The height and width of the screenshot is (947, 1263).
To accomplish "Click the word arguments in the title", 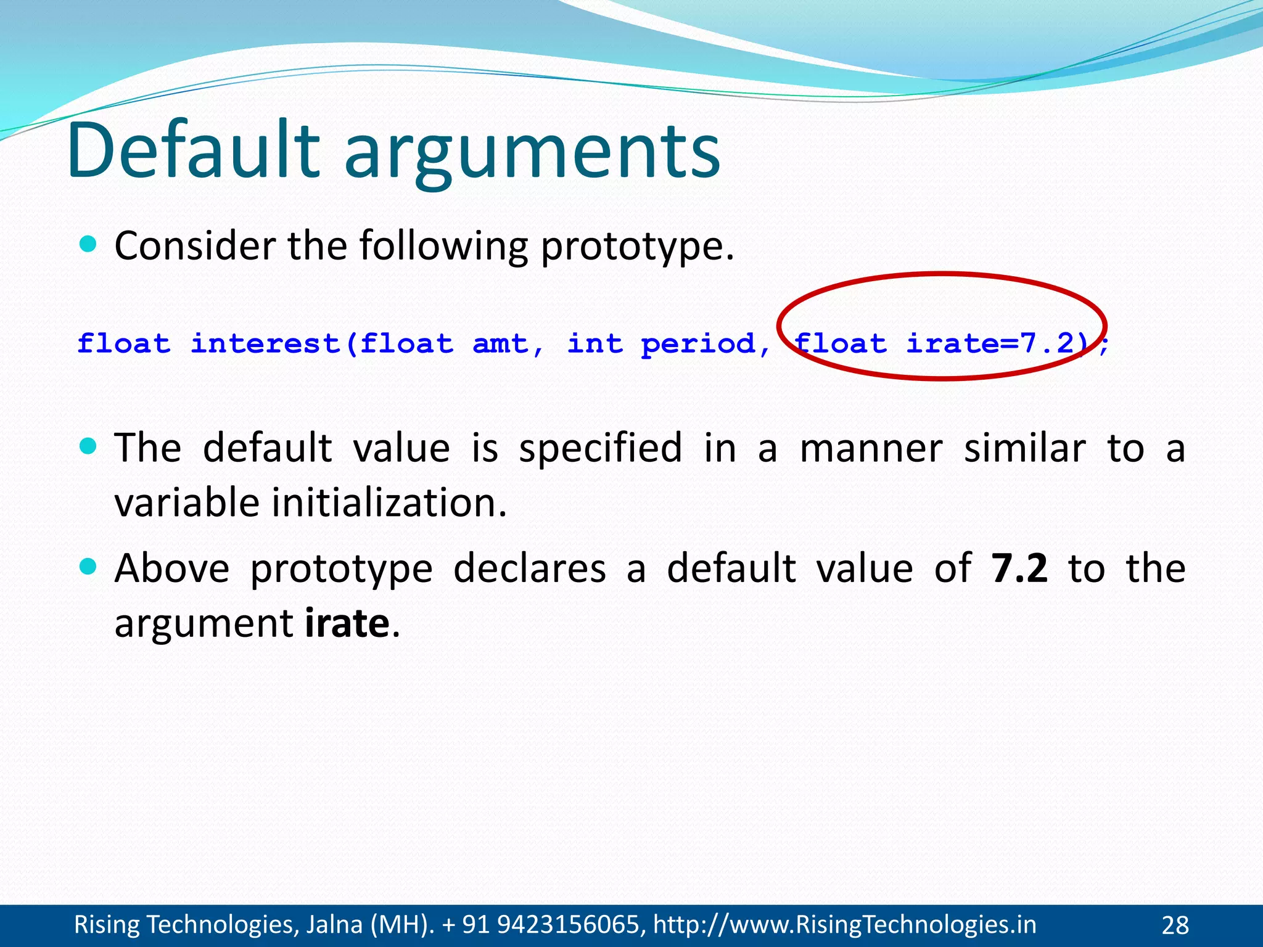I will pyautogui.click(x=532, y=154).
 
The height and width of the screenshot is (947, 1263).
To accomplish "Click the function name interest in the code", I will pyautogui.click(x=266, y=343).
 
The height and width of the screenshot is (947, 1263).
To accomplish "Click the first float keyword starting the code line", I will pyautogui.click(x=124, y=343).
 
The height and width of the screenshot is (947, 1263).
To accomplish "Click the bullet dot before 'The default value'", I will pyautogui.click(x=89, y=446).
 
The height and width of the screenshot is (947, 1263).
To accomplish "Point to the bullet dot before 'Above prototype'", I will pyautogui.click(x=89, y=566).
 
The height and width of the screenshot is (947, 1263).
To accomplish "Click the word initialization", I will pyautogui.click(x=389, y=502).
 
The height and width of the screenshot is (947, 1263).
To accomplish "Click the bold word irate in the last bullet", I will pyautogui.click(x=347, y=623).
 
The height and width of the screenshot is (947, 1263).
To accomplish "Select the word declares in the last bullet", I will pyautogui.click(x=530, y=568).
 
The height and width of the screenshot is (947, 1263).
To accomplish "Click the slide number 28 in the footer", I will pyautogui.click(x=1175, y=925).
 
